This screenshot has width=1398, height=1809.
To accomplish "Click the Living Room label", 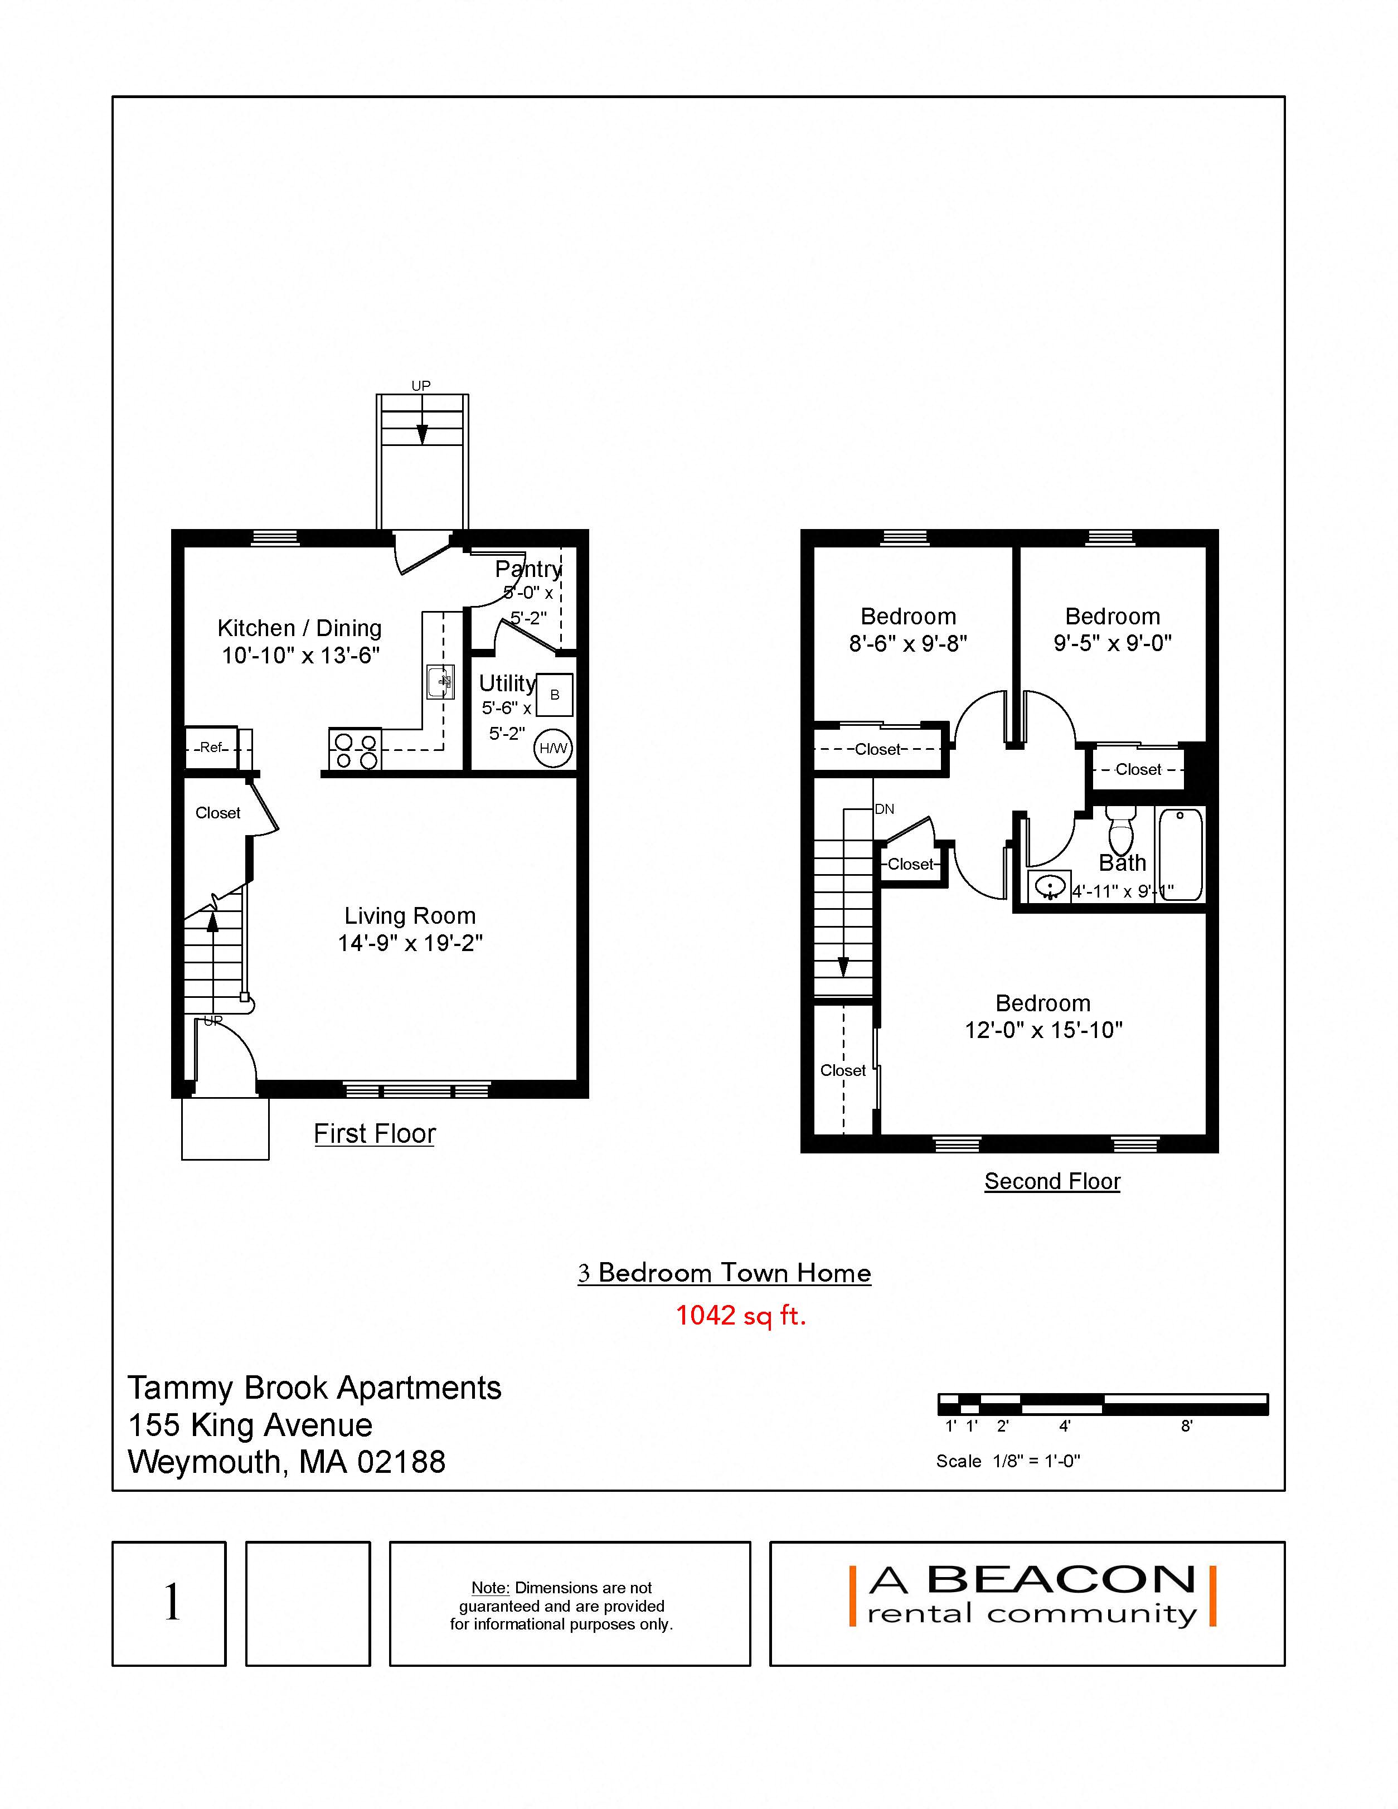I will click(x=410, y=915).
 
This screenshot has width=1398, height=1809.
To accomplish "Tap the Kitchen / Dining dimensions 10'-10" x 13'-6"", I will click(x=300, y=655).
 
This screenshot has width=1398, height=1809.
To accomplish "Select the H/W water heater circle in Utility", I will click(x=554, y=748).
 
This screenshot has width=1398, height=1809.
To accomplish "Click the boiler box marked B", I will click(x=555, y=695).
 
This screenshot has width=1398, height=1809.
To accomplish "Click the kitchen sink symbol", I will click(x=440, y=682).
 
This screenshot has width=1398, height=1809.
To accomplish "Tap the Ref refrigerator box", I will click(x=211, y=747).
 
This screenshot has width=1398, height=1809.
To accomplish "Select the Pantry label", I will click(x=528, y=569).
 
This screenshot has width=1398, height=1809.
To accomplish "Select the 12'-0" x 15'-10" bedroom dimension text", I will click(x=1043, y=1030).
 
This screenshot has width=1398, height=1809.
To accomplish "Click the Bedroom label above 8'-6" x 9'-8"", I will click(x=909, y=616).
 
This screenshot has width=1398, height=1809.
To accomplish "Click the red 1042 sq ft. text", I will click(x=740, y=1315).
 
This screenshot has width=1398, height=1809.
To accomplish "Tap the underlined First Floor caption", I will click(x=375, y=1133).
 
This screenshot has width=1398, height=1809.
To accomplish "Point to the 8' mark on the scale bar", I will click(x=1186, y=1425).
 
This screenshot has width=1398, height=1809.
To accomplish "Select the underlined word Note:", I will click(x=491, y=1588).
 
